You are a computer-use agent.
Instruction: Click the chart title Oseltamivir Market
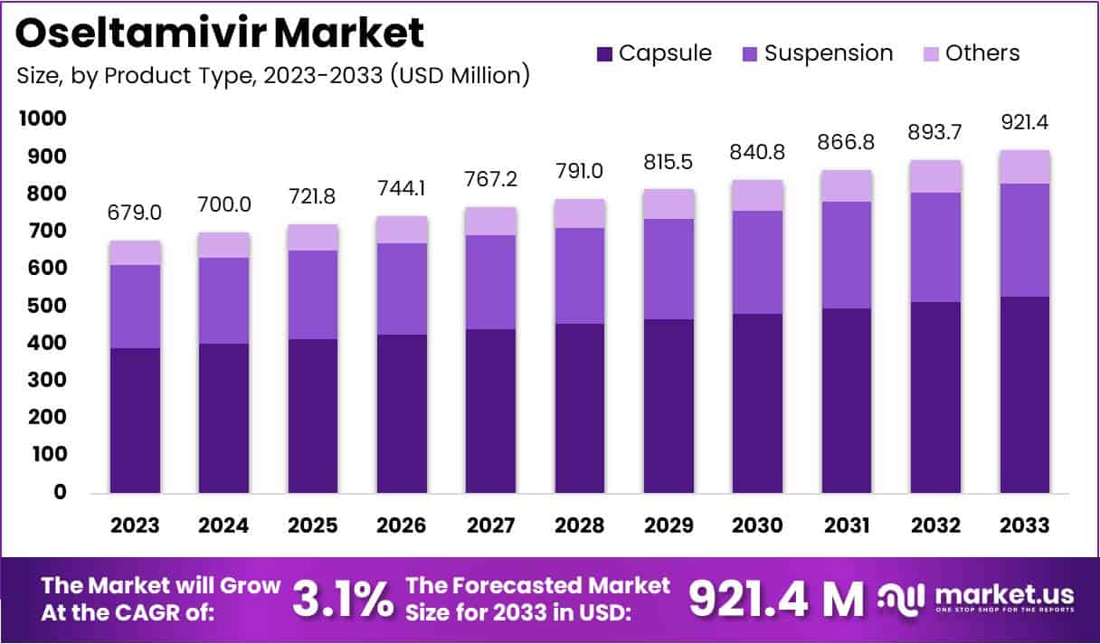[x=220, y=34]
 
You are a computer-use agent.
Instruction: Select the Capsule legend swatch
[x=604, y=54]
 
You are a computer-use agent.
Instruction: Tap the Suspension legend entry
[x=816, y=53]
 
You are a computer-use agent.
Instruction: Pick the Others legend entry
[x=970, y=53]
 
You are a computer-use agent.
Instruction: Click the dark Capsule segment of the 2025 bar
[x=313, y=416]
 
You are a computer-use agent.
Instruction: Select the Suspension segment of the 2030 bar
[x=758, y=262]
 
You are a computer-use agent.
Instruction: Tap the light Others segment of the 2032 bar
[x=936, y=176]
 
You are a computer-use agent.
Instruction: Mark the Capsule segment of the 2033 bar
[x=1025, y=394]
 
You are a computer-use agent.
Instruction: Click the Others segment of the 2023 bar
[x=135, y=252]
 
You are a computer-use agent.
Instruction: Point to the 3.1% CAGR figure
[x=343, y=598]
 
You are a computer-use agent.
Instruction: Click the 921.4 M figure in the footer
[x=776, y=598]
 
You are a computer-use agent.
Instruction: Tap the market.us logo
[x=978, y=597]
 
